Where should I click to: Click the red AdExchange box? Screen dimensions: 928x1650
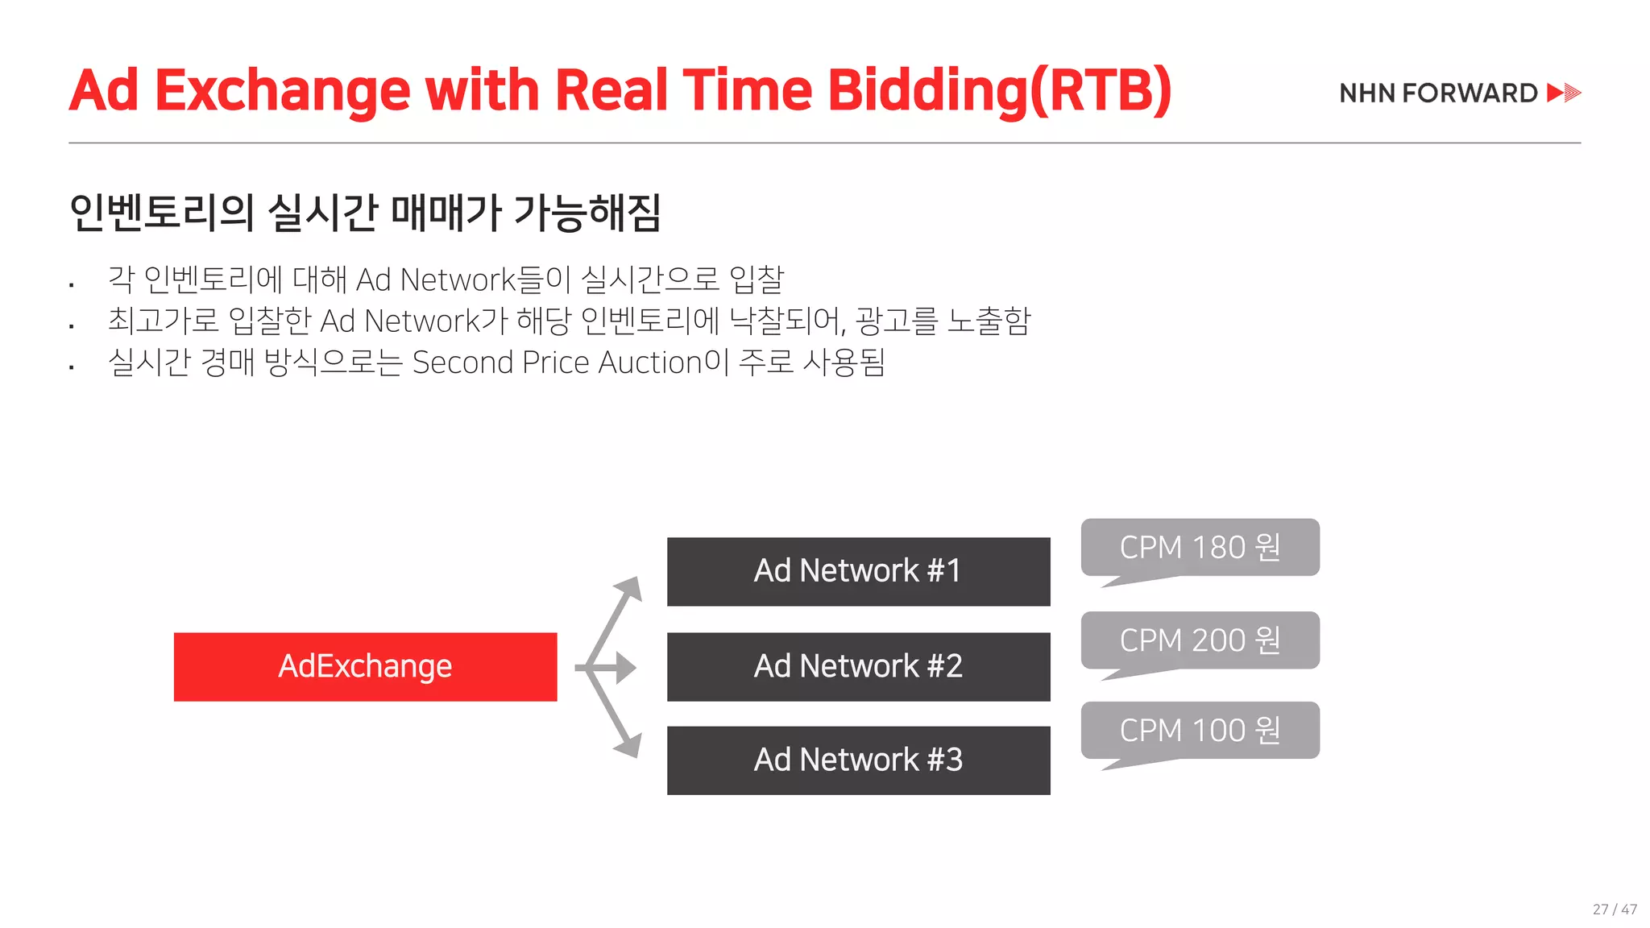click(365, 666)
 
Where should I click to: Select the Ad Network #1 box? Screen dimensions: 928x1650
click(858, 571)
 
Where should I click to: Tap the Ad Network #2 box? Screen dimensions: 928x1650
click(858, 666)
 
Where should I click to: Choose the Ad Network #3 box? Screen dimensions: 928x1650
click(858, 760)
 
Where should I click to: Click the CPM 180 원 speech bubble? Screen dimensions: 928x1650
click(1200, 548)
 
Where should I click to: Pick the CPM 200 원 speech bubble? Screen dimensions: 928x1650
click(1200, 640)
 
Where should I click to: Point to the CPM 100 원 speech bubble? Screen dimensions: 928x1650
click(1200, 731)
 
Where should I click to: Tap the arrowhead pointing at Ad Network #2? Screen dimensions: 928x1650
click(625, 668)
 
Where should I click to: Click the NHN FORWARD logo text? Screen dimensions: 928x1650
click(1438, 93)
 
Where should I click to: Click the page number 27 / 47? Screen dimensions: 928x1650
click(1615, 909)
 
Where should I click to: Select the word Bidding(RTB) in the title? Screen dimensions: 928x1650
click(999, 91)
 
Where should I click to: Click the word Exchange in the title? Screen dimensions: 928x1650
click(282, 91)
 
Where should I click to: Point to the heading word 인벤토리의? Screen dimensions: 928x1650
click(161, 213)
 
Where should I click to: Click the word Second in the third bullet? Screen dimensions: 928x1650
click(462, 362)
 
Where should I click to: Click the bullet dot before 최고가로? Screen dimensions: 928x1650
click(72, 326)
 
